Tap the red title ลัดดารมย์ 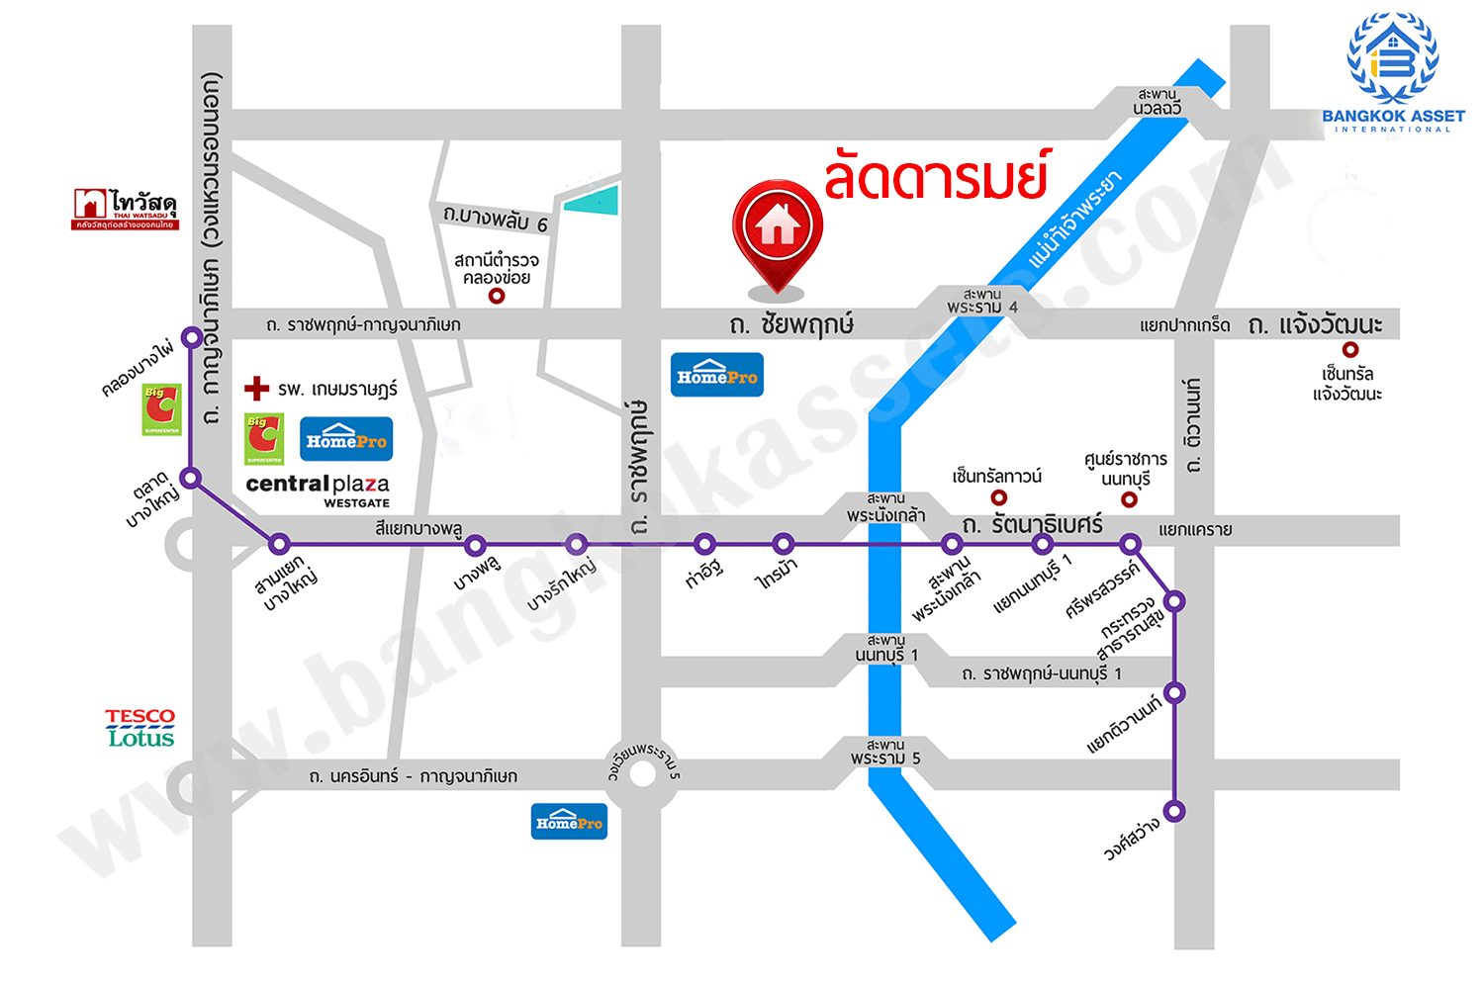935,176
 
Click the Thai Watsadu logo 125,209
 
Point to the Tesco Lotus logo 140,727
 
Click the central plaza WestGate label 318,489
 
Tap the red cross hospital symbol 257,388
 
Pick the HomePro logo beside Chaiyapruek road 716,375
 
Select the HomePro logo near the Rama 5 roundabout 569,822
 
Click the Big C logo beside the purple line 161,409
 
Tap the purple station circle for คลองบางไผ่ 192,338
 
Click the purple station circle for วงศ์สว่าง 1174,811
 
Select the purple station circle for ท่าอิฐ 704,544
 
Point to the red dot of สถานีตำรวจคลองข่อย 498,296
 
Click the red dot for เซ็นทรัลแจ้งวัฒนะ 1350,349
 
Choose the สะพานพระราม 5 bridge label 885,752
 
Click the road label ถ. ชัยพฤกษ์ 790,324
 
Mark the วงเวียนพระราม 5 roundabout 643,773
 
